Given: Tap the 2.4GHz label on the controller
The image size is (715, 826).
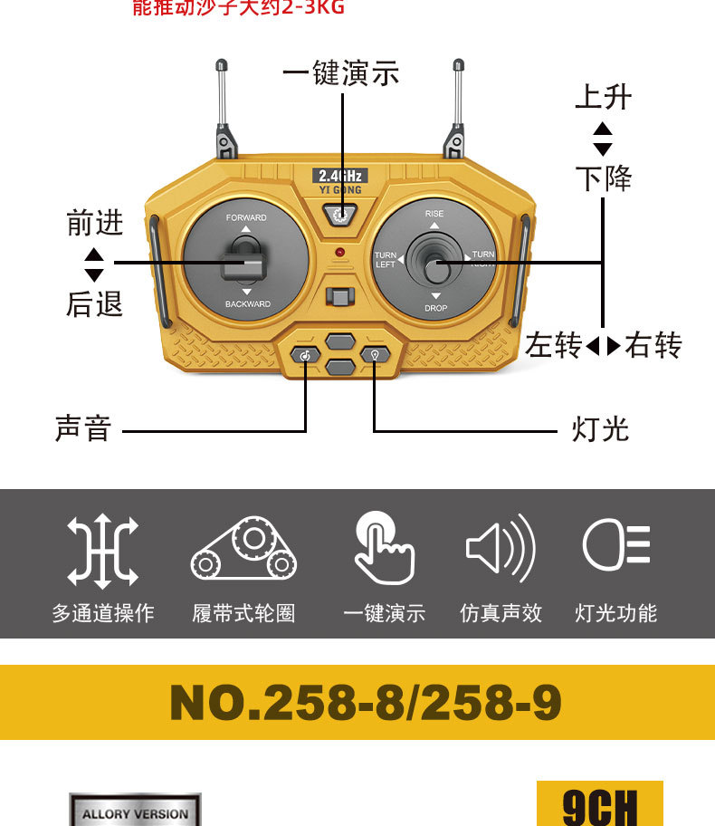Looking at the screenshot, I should [340, 176].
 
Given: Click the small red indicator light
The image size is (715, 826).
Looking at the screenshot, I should [339, 251].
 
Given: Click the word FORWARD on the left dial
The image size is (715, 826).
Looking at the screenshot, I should [246, 218].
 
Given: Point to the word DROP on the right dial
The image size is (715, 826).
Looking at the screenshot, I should [435, 309].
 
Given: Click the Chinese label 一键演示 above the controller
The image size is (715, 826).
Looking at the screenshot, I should [341, 73].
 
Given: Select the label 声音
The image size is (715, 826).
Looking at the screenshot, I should [82, 428].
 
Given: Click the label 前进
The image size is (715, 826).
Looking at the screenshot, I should [94, 223].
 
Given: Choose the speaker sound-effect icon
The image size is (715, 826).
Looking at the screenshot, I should [500, 548].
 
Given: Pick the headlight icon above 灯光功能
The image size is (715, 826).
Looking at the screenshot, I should [616, 546].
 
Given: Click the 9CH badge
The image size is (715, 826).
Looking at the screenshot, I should [600, 804].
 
